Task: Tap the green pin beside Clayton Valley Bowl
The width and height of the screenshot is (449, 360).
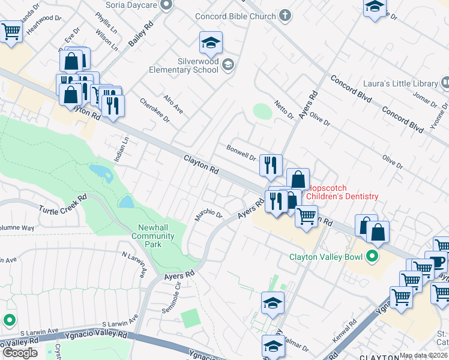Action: pos(372,257)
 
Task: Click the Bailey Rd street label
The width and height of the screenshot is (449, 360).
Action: pos(140,35)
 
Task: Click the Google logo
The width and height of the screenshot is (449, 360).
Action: pos(20,353)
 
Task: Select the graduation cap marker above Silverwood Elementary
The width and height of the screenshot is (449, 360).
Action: pos(211,43)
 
